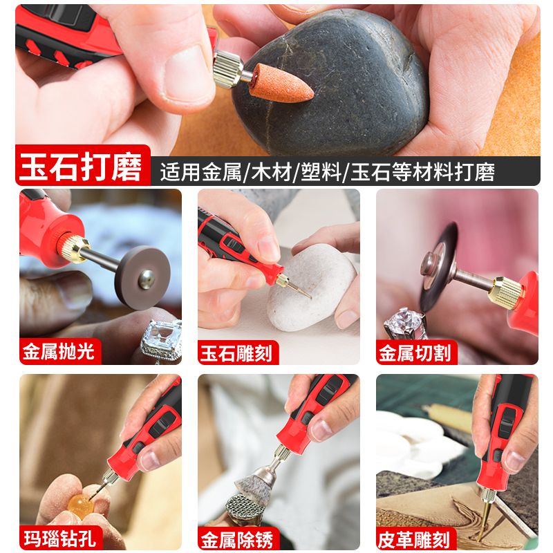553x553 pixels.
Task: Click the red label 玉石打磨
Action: [x=82, y=168]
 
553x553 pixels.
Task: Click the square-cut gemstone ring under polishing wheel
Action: [x=160, y=340]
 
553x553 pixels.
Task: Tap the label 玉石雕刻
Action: [x=236, y=353]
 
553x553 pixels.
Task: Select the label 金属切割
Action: [x=415, y=353]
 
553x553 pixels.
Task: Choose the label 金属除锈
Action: [x=236, y=537]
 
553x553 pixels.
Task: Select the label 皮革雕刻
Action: [x=415, y=537]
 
